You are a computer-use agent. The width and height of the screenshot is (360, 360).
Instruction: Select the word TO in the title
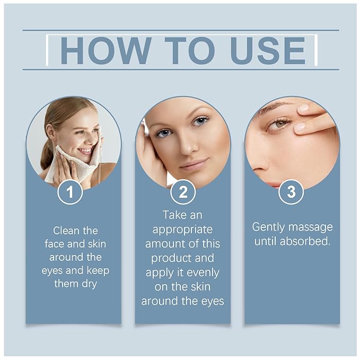[x=190, y=50]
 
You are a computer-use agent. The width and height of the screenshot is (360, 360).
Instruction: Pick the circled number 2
[x=182, y=192]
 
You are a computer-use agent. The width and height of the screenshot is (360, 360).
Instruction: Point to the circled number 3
[x=291, y=192]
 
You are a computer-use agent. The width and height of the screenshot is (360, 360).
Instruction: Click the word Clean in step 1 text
[x=68, y=231]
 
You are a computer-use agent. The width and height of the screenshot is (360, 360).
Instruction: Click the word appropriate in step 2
[x=182, y=230]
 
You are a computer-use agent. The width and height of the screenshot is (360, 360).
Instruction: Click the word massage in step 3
[x=312, y=227]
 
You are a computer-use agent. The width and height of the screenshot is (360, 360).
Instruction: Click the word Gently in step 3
[x=270, y=227]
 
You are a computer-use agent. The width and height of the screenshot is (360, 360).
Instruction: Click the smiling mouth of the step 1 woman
[x=85, y=151]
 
